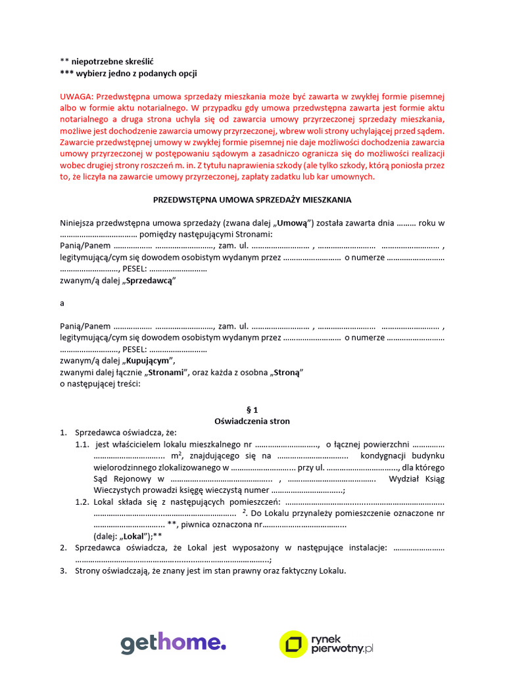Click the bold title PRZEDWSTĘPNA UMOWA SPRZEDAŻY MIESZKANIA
(252, 199)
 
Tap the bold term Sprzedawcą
(149, 280)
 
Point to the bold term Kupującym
(149, 360)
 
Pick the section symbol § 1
(252, 409)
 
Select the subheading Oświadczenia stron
(252, 421)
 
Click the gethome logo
(173, 643)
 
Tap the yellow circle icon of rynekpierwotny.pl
(293, 644)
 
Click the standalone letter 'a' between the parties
(62, 303)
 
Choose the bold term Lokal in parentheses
(133, 536)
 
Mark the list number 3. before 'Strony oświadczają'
(63, 570)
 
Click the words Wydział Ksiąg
(417, 478)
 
